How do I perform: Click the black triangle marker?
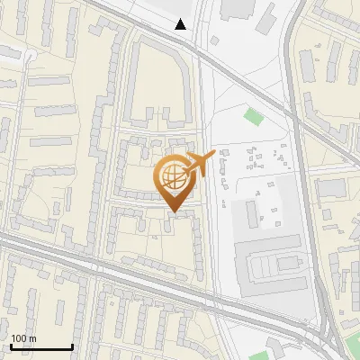[181, 24]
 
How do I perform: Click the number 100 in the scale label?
[19, 338]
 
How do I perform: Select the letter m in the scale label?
[32, 338]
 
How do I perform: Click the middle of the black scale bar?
[41, 346]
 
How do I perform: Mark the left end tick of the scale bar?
[11, 346]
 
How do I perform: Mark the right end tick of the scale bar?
[72, 346]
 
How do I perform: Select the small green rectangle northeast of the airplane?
[253, 116]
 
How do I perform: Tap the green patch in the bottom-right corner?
[353, 343]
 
